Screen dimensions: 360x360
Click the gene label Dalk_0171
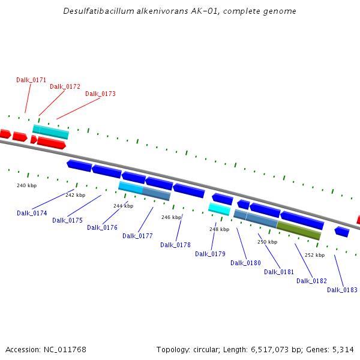coord(31,80)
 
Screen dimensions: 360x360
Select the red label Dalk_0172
coord(65,86)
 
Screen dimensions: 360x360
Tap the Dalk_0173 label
coord(100,94)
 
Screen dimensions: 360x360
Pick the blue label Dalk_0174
coord(32,213)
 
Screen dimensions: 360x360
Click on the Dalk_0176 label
coord(102,227)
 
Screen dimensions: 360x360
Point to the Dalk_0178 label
coord(175,245)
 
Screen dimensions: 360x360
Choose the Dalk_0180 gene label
coord(245,263)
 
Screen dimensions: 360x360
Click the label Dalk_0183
coord(342,290)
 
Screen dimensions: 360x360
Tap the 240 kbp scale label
coord(26,186)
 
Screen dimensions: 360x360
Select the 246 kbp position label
coord(171,217)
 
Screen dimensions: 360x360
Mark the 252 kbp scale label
coord(314,255)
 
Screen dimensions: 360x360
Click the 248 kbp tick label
coord(219,229)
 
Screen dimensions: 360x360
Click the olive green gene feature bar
coord(299,230)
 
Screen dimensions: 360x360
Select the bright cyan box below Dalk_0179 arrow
coord(219,209)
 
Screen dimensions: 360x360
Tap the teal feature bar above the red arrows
coord(50,131)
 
